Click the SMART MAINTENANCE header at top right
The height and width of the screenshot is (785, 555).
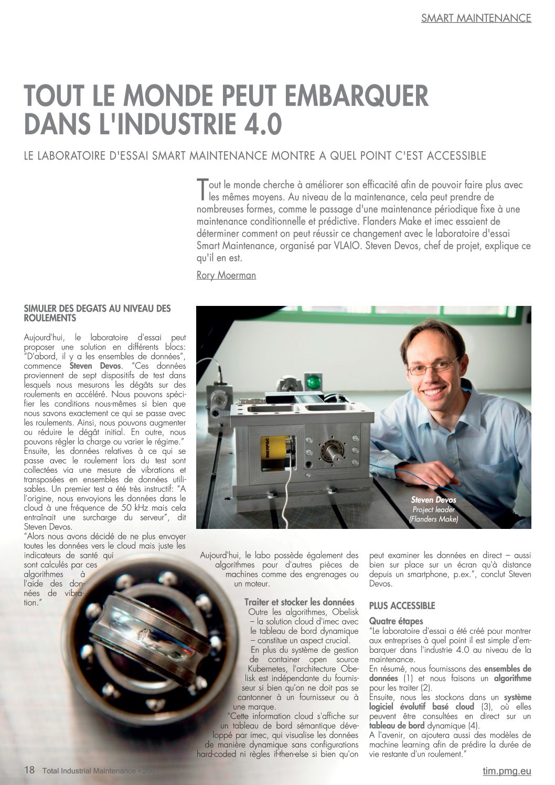pyautogui.click(x=476, y=18)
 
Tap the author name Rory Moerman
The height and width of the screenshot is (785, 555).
pyautogui.click(x=226, y=275)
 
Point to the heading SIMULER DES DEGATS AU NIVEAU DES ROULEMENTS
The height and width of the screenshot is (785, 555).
pyautogui.click(x=98, y=313)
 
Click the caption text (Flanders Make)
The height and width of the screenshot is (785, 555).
pyautogui.click(x=433, y=519)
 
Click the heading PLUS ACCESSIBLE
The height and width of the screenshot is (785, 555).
pyautogui.click(x=402, y=606)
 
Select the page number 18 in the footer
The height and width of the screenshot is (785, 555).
pyautogui.click(x=29, y=770)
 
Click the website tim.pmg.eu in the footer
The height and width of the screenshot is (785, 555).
pyautogui.click(x=506, y=771)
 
